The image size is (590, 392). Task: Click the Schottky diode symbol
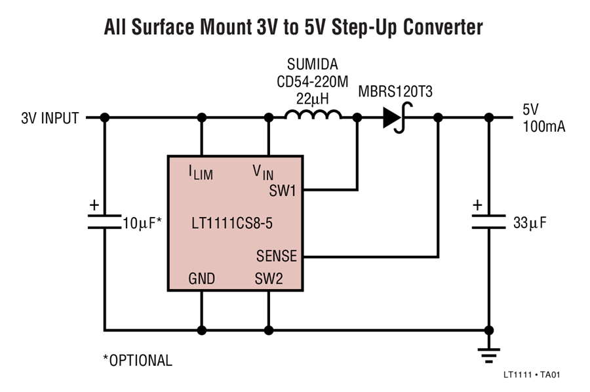[x=396, y=118]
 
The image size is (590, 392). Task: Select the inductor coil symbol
[x=313, y=114]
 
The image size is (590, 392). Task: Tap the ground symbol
[x=489, y=355]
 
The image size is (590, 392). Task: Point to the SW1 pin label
[x=283, y=191]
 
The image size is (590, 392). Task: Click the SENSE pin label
[x=277, y=256]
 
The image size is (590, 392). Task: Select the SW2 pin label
[x=269, y=279]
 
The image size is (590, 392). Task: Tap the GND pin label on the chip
[x=202, y=279]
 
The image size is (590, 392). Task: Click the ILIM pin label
[x=201, y=172]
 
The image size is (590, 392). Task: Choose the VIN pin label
[x=263, y=172]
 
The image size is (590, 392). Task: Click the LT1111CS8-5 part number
[x=232, y=224]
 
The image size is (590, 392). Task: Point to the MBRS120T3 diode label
[x=395, y=91]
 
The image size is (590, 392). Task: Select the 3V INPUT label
[x=50, y=118]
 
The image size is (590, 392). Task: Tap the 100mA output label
[x=543, y=127]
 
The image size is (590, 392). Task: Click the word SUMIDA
[x=312, y=64]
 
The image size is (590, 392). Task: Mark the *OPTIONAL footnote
[x=138, y=361]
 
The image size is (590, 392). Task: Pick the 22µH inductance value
[x=312, y=99]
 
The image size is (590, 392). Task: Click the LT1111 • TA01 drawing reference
[x=532, y=375]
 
